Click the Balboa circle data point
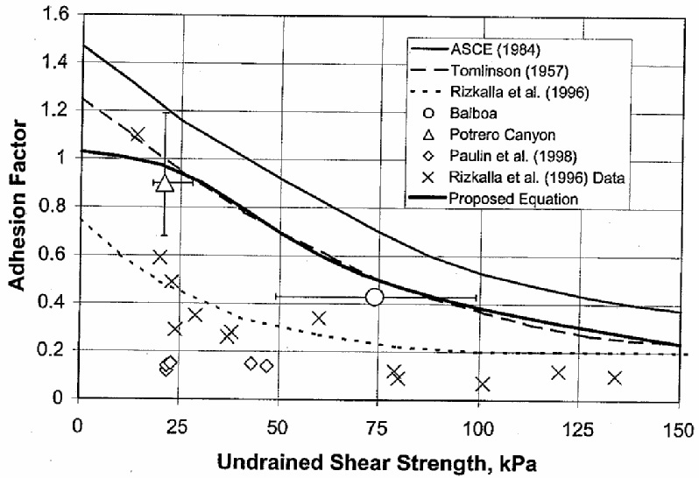coord(375,297)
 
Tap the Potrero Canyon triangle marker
coord(165,182)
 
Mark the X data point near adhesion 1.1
coord(138,134)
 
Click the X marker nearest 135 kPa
coord(614,377)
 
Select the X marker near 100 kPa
coord(482,383)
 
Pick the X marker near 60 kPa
coord(319,318)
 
